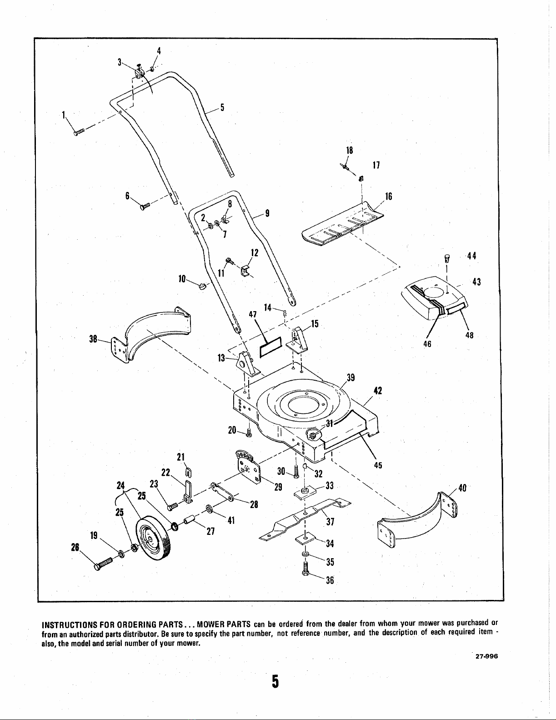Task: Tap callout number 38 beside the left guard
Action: click(x=94, y=339)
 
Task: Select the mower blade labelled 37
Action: click(x=305, y=519)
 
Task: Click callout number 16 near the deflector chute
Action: click(x=388, y=196)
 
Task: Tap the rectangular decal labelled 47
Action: click(x=270, y=347)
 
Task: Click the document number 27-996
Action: click(x=486, y=656)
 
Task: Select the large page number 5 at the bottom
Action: click(x=275, y=682)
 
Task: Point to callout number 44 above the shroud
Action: click(x=471, y=256)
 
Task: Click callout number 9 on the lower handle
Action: click(x=267, y=213)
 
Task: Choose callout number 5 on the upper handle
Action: click(x=222, y=107)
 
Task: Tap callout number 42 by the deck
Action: click(x=377, y=391)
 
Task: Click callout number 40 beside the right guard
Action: click(x=462, y=488)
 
